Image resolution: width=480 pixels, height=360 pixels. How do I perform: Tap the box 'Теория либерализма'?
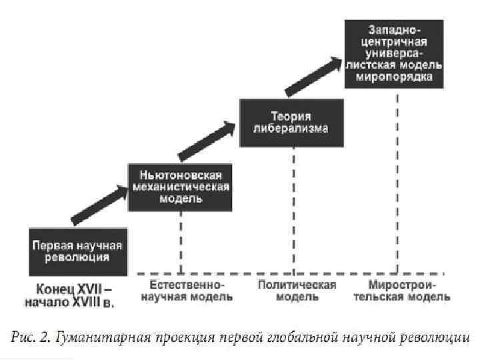point(291,122)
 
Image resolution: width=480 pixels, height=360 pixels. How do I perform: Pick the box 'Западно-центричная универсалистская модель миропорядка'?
point(396,53)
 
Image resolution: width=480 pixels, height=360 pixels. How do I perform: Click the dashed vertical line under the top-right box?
point(398,180)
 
